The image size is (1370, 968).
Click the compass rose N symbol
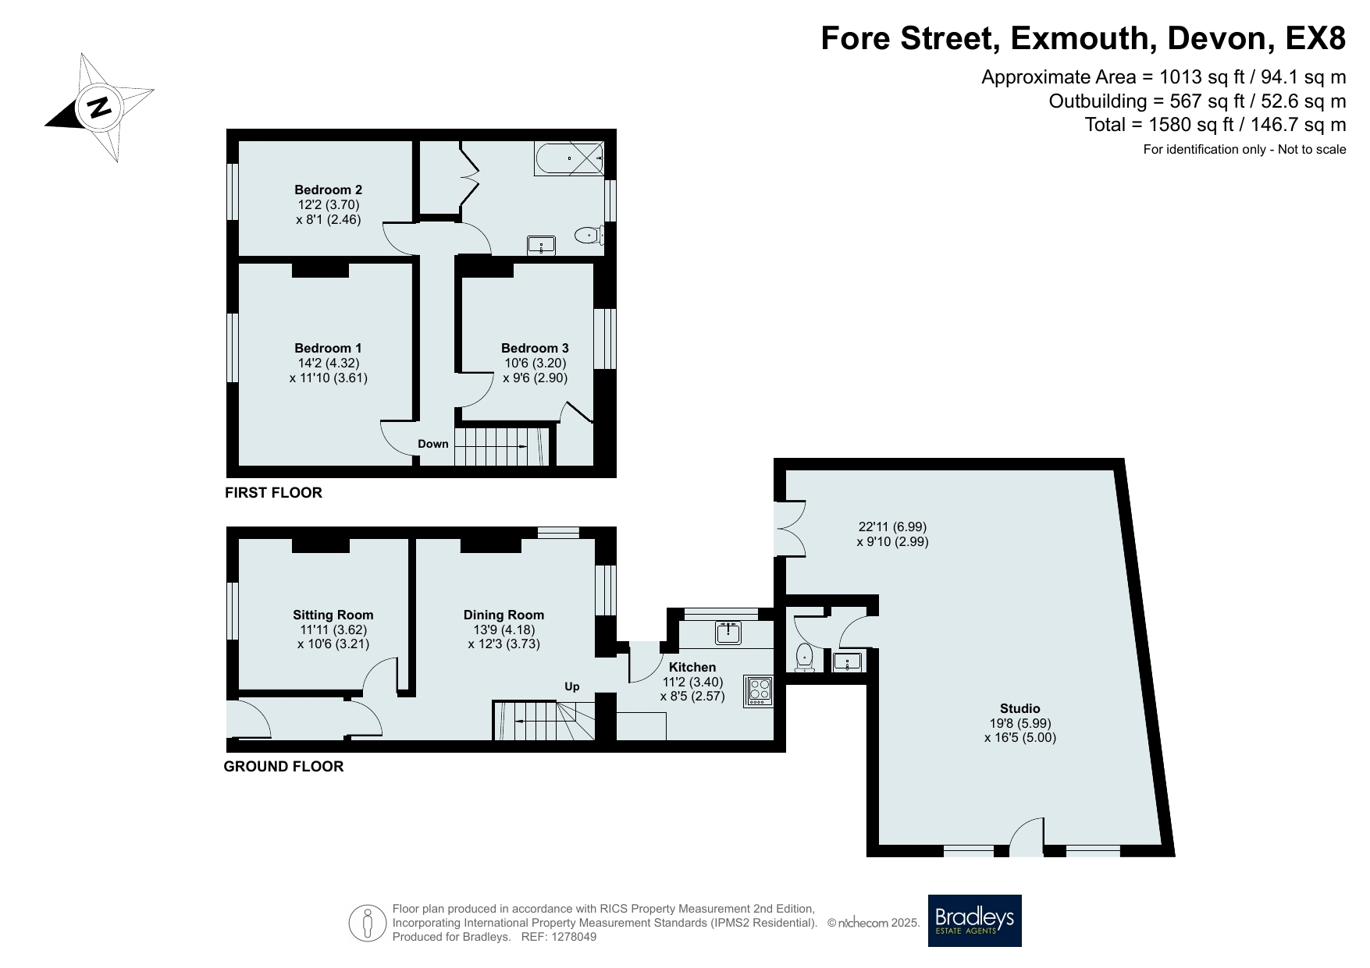99,107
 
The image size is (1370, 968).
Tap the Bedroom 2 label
328,190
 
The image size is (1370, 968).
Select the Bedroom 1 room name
328,348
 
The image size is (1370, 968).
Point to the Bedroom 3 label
535,348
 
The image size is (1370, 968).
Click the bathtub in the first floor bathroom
569,158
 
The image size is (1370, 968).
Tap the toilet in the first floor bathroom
587,235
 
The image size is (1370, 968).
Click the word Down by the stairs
433,444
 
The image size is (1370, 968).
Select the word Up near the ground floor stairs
572,686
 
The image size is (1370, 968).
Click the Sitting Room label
333,615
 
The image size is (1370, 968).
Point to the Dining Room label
504,615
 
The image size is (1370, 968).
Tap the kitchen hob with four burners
760,690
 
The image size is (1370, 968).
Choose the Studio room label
1020,708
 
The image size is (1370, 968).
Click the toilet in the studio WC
805,658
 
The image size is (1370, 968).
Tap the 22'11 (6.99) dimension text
892,527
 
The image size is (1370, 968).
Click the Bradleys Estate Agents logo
974,920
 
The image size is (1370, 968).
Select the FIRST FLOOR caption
273,492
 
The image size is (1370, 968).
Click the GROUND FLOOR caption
283,766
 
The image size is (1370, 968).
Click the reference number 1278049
575,937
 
